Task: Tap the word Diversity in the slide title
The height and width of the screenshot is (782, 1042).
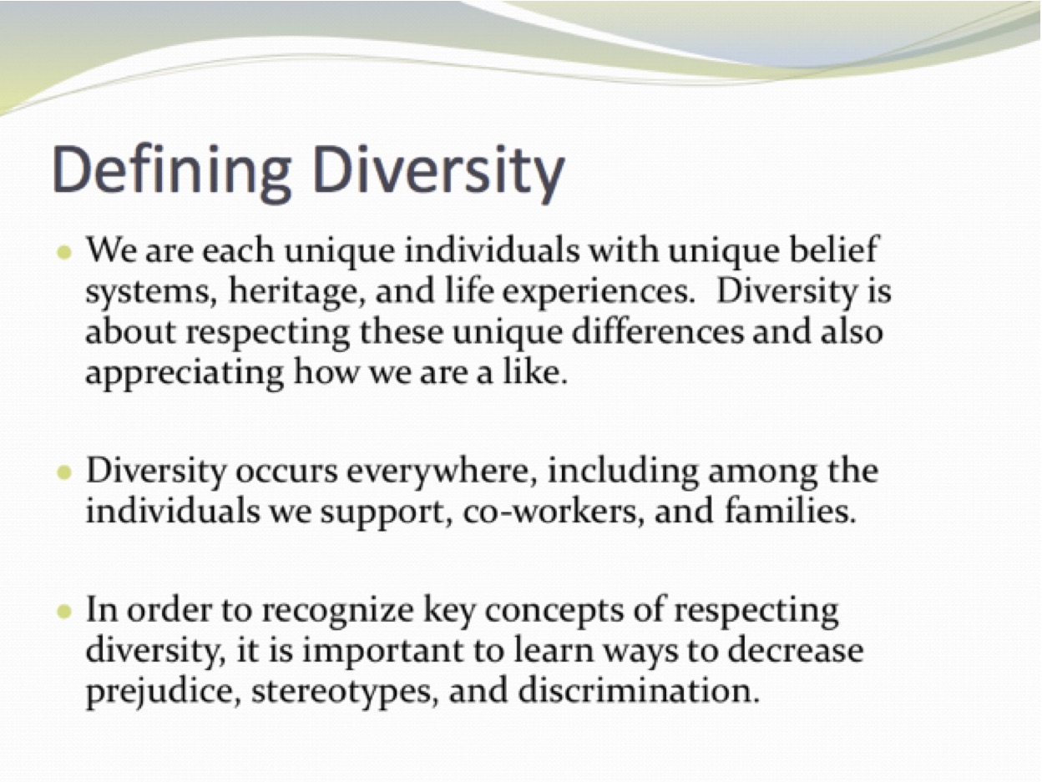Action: [x=438, y=173]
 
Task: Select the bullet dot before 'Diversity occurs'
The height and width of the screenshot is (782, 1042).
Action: [x=63, y=472]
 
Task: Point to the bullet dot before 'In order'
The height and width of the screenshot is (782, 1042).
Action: [x=63, y=612]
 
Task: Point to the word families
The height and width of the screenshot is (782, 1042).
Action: [x=790, y=511]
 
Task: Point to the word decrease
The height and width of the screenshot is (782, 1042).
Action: [x=796, y=651]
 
